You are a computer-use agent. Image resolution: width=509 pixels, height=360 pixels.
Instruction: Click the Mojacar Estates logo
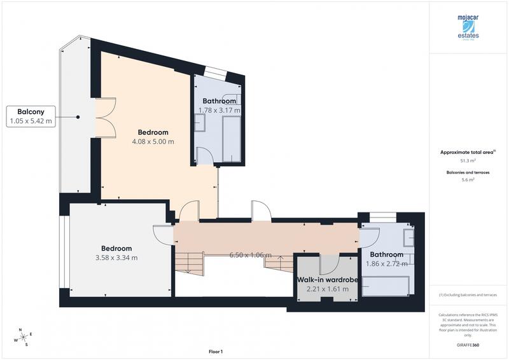[468, 29]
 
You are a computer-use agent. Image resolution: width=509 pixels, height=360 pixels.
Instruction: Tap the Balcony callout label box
[31, 115]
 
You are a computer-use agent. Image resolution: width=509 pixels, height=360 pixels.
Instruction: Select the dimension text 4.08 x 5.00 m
[153, 142]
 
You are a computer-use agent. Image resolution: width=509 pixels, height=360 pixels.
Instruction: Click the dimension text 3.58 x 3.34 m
[116, 258]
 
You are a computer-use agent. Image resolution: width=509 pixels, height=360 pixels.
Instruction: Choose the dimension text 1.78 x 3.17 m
[220, 110]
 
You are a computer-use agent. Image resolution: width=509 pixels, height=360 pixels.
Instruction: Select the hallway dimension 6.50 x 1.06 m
[251, 254]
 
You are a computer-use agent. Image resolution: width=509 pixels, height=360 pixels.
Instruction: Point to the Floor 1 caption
[216, 351]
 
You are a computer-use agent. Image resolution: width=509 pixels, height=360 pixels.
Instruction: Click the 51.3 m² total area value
[468, 162]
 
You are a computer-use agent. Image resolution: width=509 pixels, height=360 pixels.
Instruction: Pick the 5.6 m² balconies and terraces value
[468, 180]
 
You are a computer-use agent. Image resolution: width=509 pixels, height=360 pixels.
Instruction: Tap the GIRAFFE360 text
[468, 343]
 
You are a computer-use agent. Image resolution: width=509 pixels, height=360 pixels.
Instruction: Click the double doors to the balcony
[105, 118]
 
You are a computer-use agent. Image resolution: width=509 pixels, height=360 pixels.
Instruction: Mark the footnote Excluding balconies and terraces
[468, 295]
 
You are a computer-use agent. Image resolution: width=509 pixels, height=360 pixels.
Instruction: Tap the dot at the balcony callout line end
[78, 116]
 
